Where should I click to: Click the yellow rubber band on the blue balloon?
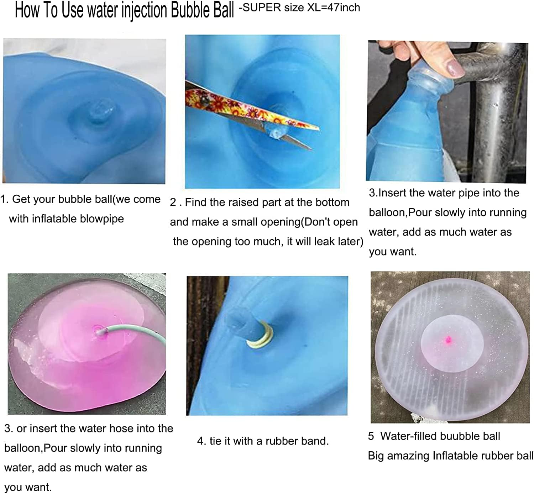click(262, 336)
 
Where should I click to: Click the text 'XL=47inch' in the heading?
click(334, 7)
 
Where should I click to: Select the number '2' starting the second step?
click(173, 202)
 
